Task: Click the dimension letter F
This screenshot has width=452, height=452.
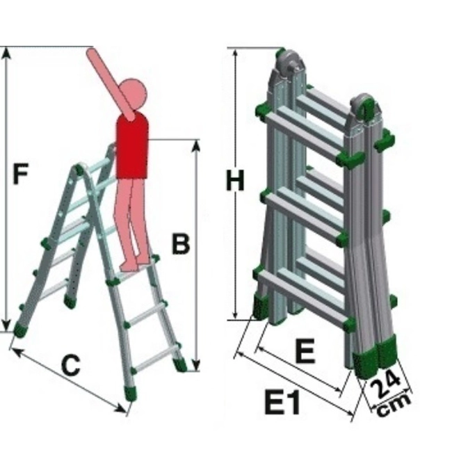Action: click(x=21, y=173)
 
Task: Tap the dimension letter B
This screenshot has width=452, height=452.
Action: click(x=181, y=244)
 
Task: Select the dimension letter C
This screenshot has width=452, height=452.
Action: click(x=71, y=365)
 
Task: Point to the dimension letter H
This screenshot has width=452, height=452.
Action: click(x=235, y=181)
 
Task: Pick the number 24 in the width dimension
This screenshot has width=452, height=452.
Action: click(x=385, y=385)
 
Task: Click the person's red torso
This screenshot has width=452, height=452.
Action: click(x=132, y=145)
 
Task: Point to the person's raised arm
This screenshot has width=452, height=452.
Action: click(x=111, y=83)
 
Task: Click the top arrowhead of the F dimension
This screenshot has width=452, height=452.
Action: click(x=7, y=54)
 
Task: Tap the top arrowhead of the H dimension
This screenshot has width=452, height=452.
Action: click(x=236, y=54)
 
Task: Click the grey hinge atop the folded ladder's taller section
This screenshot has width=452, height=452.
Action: click(x=290, y=64)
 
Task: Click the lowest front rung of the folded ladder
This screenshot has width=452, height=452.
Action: click(x=305, y=297)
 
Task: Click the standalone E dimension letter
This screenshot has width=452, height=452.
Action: click(x=305, y=350)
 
